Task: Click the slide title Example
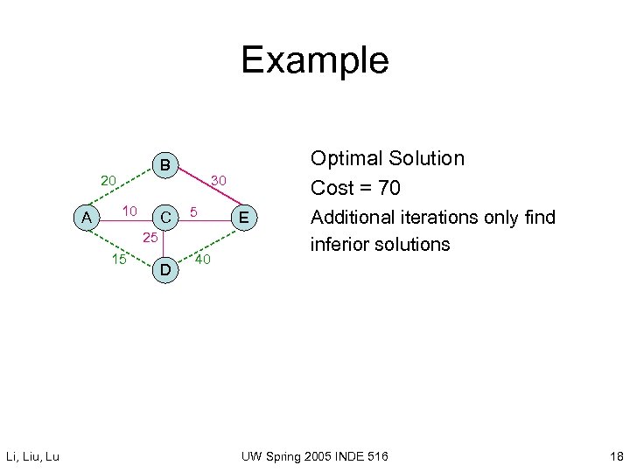[x=314, y=60]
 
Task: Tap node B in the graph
[x=164, y=165]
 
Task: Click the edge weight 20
[x=108, y=182]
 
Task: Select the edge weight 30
[x=218, y=180]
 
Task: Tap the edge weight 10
[x=129, y=211]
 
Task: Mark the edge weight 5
[x=195, y=211]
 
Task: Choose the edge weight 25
[x=150, y=238]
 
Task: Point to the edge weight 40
[x=202, y=259]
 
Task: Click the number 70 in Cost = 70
[x=386, y=188]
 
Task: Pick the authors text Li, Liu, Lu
[x=32, y=456]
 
